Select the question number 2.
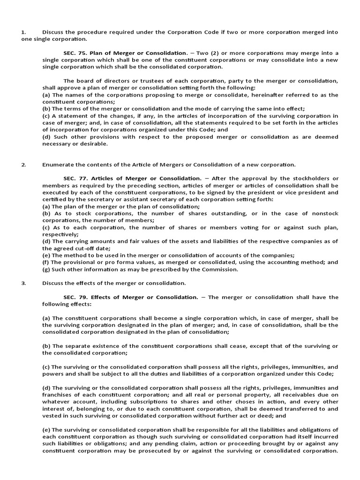tap(22, 165)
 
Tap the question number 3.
tap(22, 283)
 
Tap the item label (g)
tap(46, 270)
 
